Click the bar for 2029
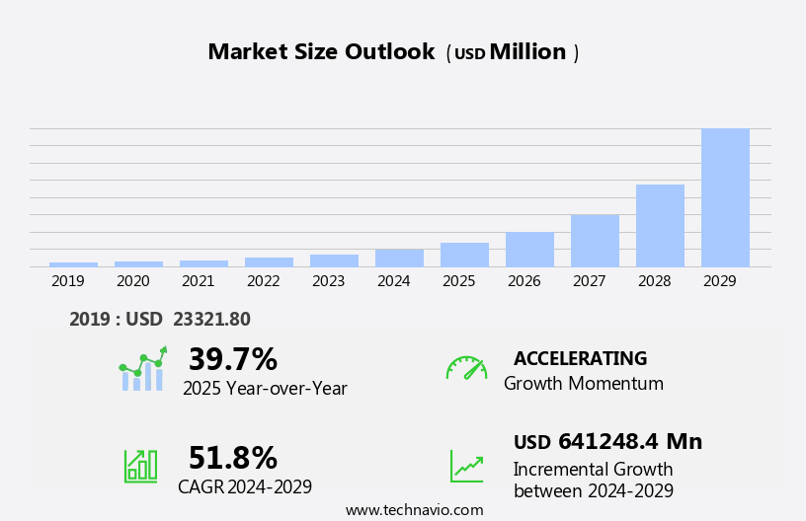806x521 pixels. coord(725,197)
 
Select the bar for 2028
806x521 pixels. coord(660,225)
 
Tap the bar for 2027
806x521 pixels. coord(595,240)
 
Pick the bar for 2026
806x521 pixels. coord(529,249)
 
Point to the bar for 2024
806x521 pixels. coord(399,258)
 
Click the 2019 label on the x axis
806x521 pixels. coord(68,281)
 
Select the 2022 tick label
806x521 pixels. coord(264,281)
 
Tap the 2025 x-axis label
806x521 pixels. coord(459,281)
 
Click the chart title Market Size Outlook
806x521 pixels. coord(321,52)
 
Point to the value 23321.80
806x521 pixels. coord(211,319)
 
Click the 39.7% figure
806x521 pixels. coord(232,359)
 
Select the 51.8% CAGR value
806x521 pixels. coord(232,458)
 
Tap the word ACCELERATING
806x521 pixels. coord(580,358)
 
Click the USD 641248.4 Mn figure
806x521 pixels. coord(607,442)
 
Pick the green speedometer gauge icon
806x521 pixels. coord(466,368)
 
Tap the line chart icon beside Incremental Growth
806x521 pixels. coord(466,466)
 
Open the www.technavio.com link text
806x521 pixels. coord(414,509)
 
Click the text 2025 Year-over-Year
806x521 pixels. coord(265,389)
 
